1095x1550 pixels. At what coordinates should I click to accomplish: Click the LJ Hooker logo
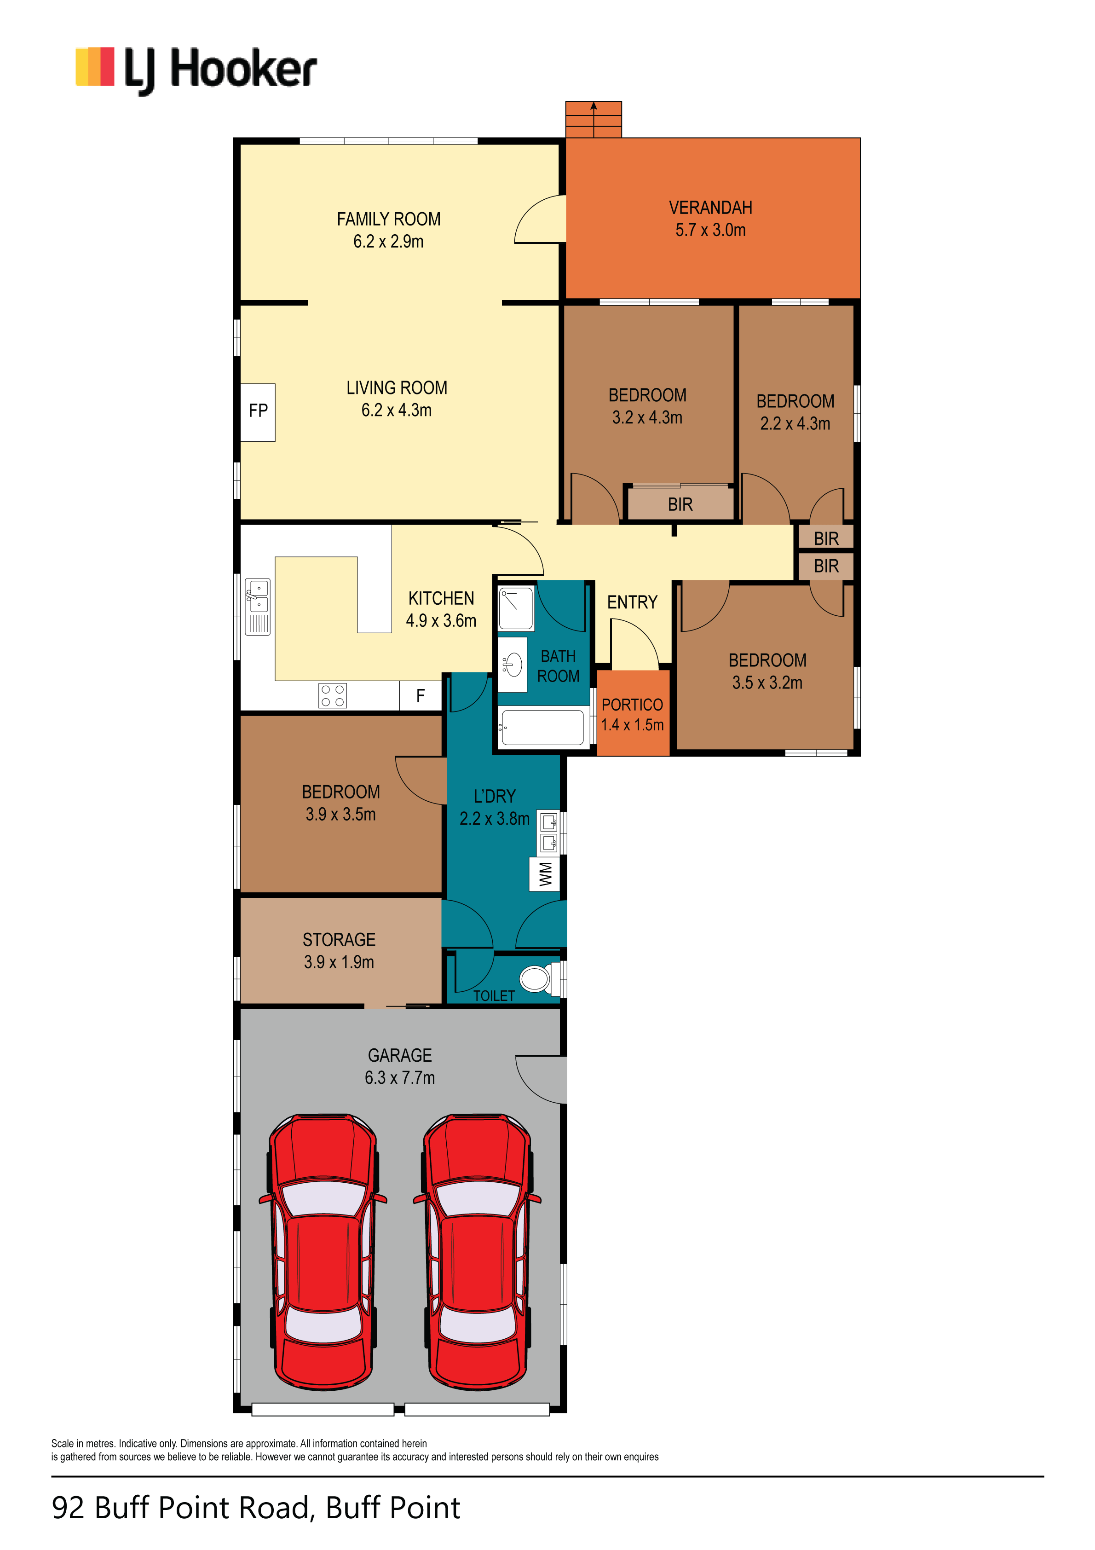coord(196,70)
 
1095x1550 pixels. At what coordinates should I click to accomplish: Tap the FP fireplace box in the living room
coord(258,412)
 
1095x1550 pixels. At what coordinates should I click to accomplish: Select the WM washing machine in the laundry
coord(545,874)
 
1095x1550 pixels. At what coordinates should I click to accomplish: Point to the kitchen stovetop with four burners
coord(333,695)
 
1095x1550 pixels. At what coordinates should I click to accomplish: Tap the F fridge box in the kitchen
coord(421,695)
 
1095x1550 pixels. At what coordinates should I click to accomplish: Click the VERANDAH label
coord(710,208)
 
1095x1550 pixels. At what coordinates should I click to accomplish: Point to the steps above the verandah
coord(594,120)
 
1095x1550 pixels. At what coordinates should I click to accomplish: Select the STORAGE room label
coord(339,940)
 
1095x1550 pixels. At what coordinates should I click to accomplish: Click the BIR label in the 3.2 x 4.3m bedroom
coord(680,504)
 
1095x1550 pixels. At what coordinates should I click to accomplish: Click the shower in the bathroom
coord(516,608)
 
